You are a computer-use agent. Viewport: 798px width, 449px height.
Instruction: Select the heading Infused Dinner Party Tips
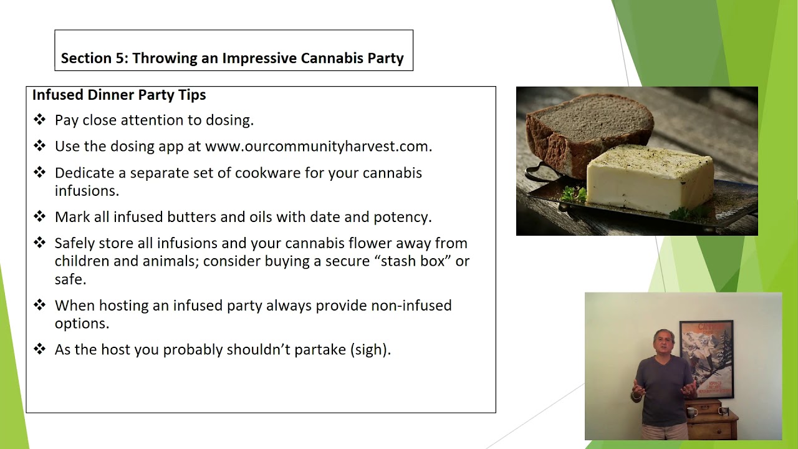(119, 95)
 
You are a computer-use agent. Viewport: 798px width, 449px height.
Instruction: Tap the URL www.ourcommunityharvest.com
(317, 147)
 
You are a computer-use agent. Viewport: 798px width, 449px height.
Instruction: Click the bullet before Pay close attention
(40, 120)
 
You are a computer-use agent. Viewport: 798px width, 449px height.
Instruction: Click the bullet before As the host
(40, 349)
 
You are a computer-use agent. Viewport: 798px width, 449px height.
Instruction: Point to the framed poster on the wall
(706, 359)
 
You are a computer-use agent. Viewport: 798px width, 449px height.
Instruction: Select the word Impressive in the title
(259, 59)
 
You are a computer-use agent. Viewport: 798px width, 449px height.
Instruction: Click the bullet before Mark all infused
(40, 216)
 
